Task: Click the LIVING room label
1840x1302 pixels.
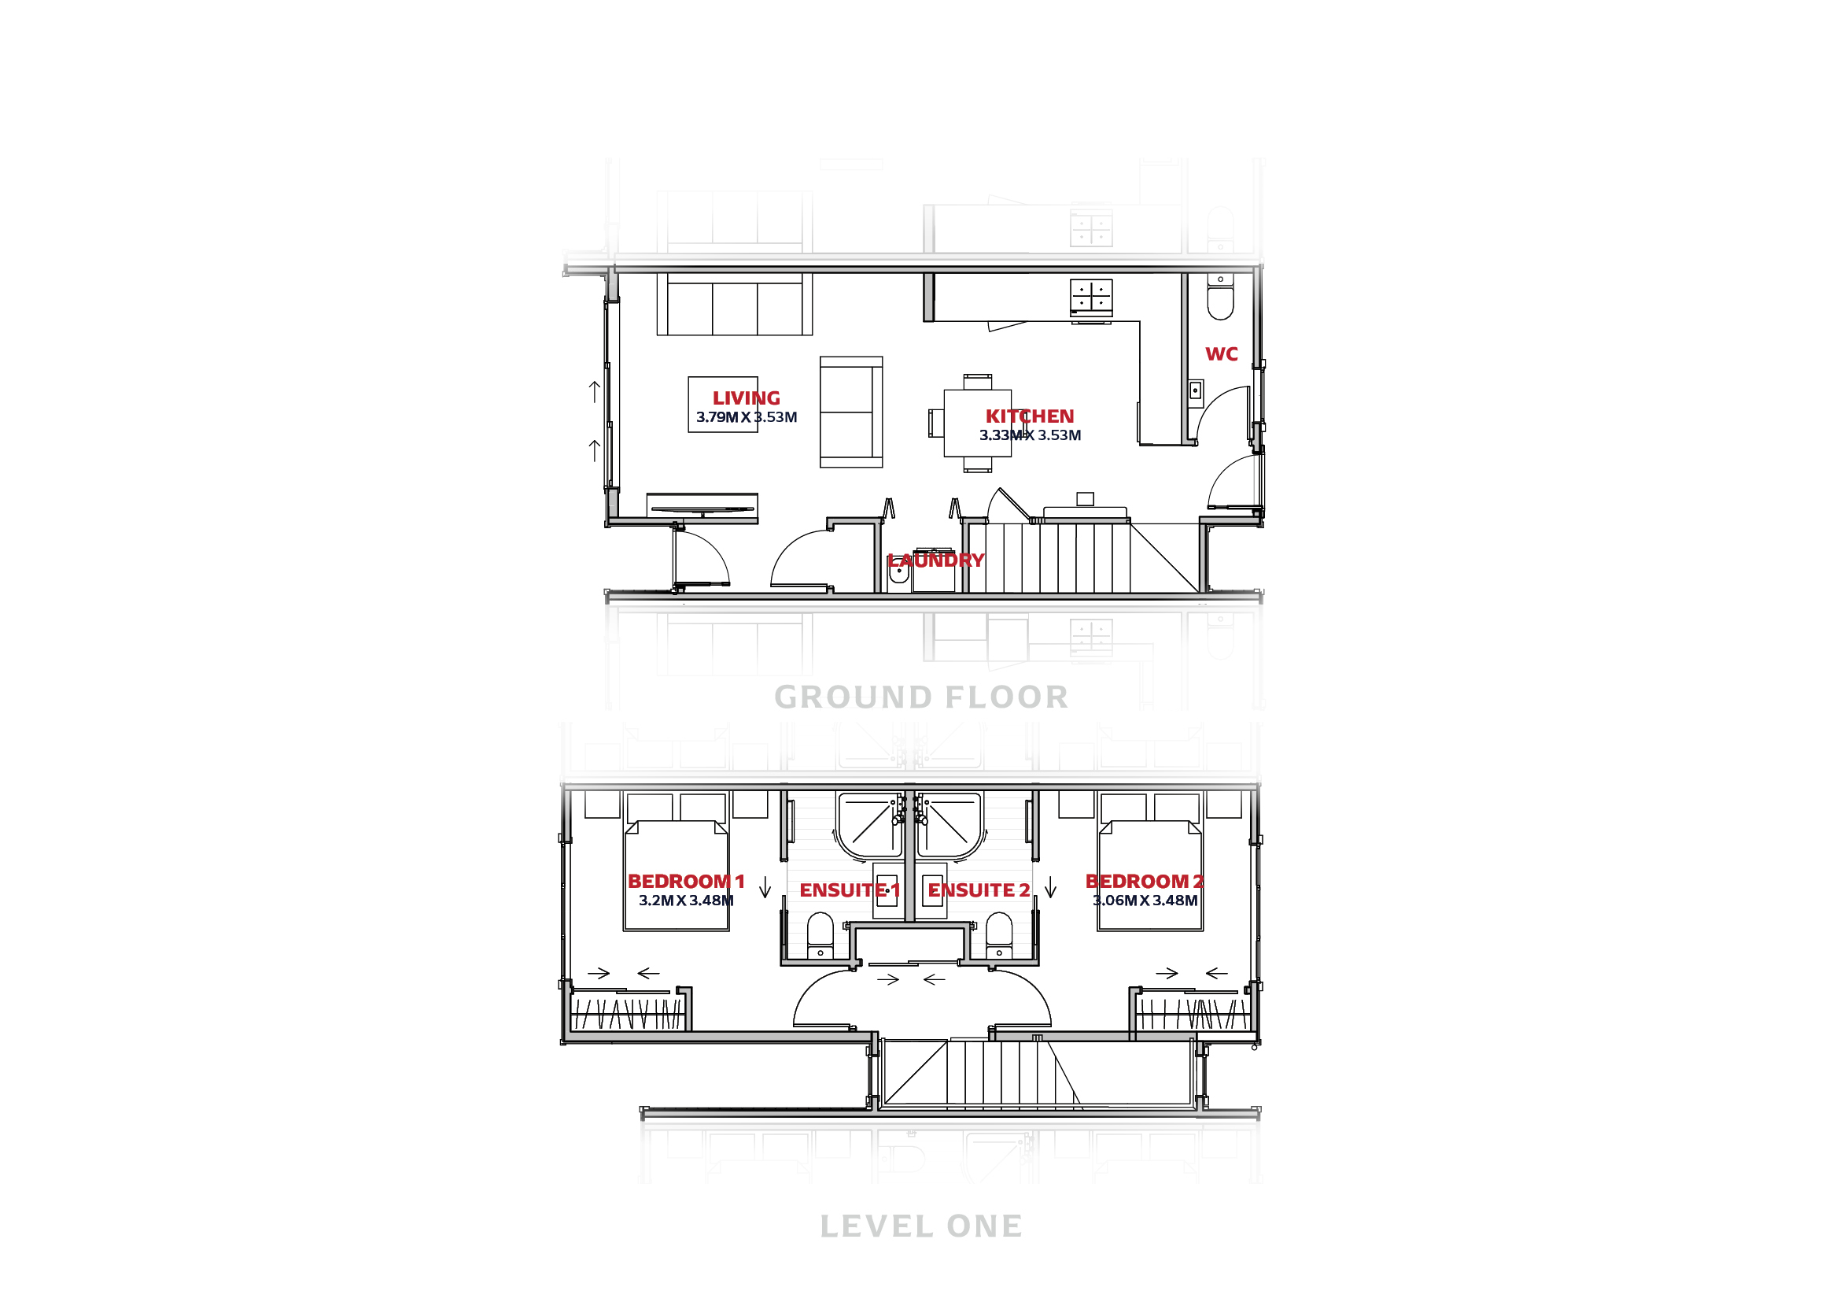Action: coord(746,398)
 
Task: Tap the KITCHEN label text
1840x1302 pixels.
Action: coord(1030,417)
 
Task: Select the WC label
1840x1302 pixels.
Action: coord(1222,354)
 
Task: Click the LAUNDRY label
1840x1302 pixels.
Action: coord(935,560)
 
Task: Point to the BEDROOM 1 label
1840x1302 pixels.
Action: coord(686,882)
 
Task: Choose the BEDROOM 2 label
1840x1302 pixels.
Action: coord(1145,882)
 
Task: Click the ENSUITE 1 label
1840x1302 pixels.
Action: coord(850,891)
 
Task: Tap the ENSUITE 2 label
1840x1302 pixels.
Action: coord(979,891)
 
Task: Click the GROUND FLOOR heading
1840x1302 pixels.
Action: coord(922,697)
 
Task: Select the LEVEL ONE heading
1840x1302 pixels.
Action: coord(922,1226)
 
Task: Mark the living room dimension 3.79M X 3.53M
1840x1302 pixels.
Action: coord(746,418)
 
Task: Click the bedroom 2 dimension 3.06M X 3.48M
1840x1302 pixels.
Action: coord(1145,901)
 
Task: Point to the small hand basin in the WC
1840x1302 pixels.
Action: coord(1195,390)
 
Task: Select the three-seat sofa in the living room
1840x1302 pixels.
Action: coord(734,304)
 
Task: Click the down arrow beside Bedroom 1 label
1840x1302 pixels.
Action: coord(765,886)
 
